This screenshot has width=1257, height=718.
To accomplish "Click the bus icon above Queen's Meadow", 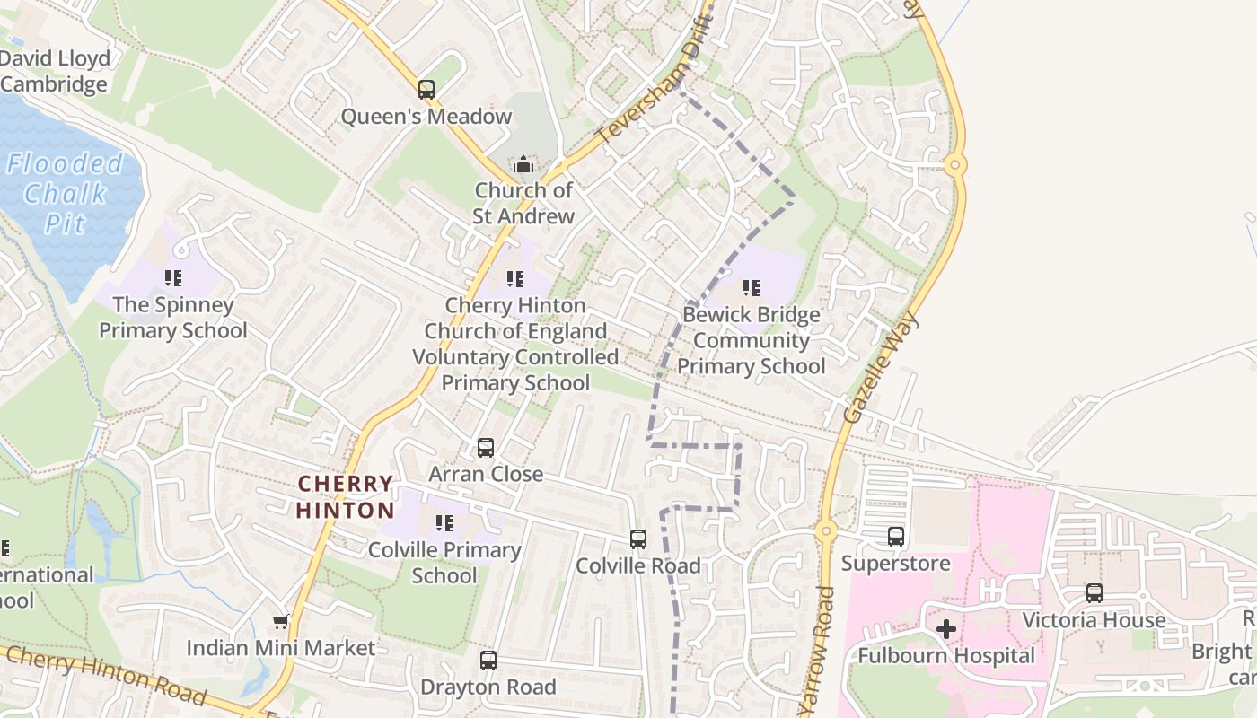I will pyautogui.click(x=426, y=90).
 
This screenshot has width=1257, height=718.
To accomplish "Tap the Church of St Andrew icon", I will pyautogui.click(x=523, y=164).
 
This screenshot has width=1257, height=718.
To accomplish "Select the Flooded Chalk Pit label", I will pyautogui.click(x=66, y=192).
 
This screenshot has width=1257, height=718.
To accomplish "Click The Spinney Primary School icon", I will pyautogui.click(x=173, y=278).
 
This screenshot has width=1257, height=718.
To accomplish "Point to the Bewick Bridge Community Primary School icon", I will pyautogui.click(x=752, y=288).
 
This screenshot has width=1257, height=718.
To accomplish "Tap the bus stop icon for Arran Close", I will pyautogui.click(x=486, y=447).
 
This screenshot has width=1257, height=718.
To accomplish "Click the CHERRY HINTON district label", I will pyautogui.click(x=346, y=497).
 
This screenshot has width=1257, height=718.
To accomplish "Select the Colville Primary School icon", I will pyautogui.click(x=444, y=522).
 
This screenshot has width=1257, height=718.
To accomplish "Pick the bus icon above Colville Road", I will pyautogui.click(x=638, y=539).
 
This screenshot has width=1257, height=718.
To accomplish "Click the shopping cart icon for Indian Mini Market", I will pyautogui.click(x=281, y=621).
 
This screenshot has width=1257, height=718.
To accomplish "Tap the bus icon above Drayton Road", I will pyautogui.click(x=488, y=661).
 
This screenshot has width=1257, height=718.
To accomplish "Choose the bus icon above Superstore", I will pyautogui.click(x=896, y=537).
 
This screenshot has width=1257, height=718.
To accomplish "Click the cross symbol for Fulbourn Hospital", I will pyautogui.click(x=945, y=629).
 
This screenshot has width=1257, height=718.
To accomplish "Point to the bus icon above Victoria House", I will pyautogui.click(x=1094, y=593).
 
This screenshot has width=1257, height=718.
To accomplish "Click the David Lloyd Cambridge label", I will pyautogui.click(x=56, y=72).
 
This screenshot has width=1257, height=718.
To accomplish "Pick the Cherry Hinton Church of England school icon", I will pyautogui.click(x=514, y=279).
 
